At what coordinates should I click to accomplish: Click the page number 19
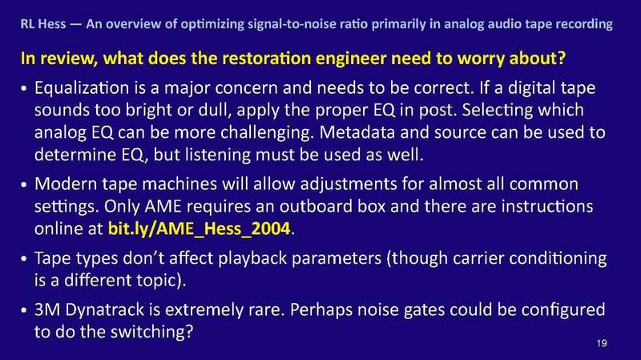tap(606, 343)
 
